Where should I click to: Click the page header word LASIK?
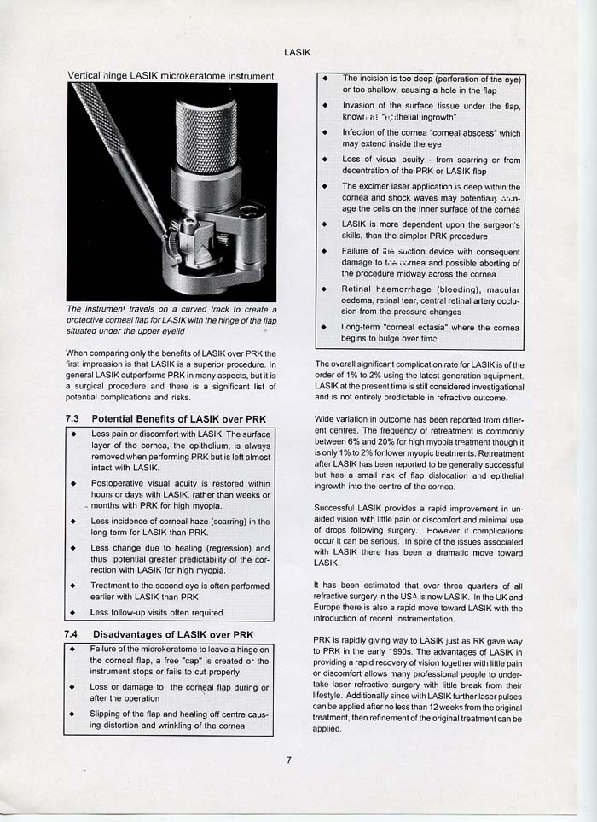tap(297, 52)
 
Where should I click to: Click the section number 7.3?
tap(72, 419)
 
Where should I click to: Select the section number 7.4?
tap(72, 634)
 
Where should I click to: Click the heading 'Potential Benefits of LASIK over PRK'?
tap(178, 419)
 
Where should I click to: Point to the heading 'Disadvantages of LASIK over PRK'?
tap(172, 634)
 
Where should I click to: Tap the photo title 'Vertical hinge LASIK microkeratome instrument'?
tap(171, 76)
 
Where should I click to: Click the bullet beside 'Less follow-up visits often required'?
tap(74, 613)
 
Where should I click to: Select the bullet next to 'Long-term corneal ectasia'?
tap(325, 327)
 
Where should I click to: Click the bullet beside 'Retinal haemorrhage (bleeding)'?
tap(325, 290)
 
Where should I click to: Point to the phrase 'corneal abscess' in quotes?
tap(461, 133)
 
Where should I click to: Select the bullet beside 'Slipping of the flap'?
tap(74, 714)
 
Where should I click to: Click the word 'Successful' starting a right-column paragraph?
tap(335, 508)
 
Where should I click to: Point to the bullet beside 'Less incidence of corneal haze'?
tap(74, 521)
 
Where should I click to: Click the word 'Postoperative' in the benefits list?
tap(117, 483)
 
